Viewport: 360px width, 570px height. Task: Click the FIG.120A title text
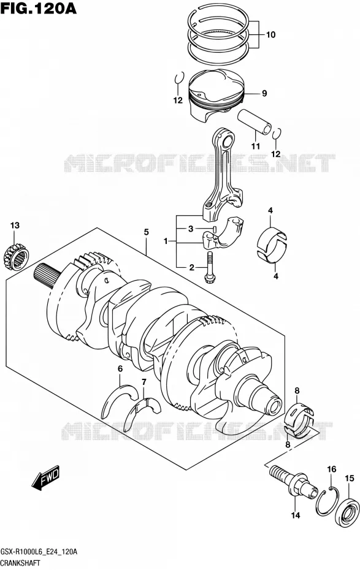39,8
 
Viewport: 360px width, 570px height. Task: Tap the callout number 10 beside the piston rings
270,35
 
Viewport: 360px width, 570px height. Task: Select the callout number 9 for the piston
264,93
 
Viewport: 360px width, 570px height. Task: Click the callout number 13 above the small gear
15,226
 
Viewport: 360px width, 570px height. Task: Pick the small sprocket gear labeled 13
15,257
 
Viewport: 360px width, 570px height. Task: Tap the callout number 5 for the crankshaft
146,232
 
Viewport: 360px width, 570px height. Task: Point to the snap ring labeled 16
327,501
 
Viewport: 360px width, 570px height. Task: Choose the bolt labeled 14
293,482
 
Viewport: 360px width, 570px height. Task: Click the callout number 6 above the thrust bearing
120,368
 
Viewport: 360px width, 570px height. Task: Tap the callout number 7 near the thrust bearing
144,382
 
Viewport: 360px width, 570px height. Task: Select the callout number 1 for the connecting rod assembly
166,241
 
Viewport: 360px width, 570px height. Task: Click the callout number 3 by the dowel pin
190,229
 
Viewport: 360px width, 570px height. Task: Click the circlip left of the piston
178,78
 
